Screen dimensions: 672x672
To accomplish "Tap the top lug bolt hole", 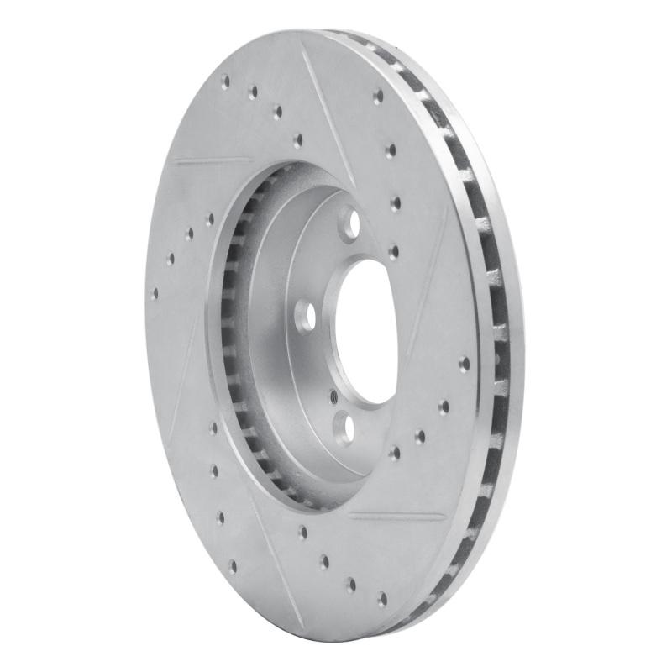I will pos(351,223).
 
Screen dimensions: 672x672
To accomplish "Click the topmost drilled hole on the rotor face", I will pos(225,81).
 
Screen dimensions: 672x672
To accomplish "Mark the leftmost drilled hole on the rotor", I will pos(154,294).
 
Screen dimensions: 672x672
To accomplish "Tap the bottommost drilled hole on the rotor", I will pos(381,598).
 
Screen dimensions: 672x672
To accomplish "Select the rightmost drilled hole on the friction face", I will pos(465,364).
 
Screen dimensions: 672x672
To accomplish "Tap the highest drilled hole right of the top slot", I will pos(378,97).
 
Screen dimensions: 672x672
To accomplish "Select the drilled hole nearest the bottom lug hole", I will pos(394,453).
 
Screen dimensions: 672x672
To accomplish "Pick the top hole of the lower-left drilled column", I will pos(213,428).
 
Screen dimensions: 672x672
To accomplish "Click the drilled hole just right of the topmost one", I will pos(253,92).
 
